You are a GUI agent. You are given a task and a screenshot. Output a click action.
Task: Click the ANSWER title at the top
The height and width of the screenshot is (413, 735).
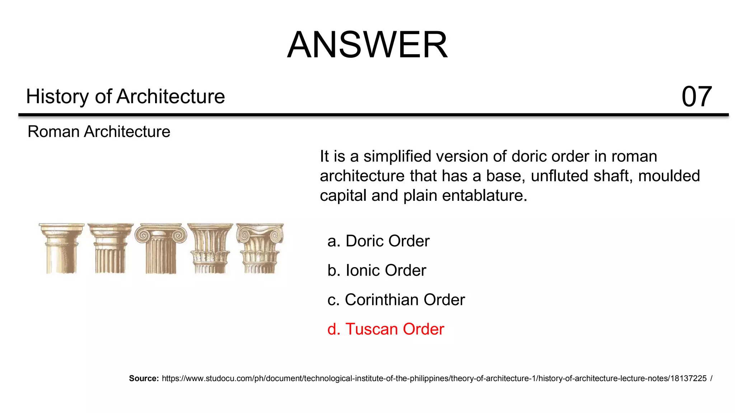coord(367,45)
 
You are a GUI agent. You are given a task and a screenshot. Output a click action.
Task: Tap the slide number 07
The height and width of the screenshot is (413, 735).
coord(696,96)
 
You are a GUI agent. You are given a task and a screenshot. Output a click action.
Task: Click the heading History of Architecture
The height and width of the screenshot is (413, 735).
coord(125,96)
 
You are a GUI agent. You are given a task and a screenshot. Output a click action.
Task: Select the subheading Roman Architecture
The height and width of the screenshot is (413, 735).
coord(99,132)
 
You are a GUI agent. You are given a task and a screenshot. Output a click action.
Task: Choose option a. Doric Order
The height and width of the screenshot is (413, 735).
coord(378,241)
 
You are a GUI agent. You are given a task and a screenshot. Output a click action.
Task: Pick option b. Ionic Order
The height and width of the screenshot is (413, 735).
coord(376,270)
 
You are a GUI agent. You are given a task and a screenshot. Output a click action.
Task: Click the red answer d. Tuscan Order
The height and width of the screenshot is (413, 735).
coord(385,329)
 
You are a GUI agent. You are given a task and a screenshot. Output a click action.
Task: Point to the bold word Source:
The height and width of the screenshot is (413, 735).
coord(144,378)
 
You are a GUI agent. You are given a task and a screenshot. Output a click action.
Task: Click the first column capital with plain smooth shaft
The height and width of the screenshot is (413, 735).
coord(61,248)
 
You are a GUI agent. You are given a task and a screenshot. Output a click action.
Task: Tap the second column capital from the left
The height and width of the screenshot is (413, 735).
coord(111,248)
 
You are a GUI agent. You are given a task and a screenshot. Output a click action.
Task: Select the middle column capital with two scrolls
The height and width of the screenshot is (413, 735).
coord(160,248)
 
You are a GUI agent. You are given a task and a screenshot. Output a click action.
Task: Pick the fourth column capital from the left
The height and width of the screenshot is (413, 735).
coord(210,248)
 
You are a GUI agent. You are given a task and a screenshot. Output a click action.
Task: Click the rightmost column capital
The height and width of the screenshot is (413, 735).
coord(260,248)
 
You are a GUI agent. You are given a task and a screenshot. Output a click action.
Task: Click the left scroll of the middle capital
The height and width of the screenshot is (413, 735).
coord(143,236)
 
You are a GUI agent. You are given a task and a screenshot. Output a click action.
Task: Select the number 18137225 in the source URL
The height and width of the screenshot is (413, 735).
coord(688,378)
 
